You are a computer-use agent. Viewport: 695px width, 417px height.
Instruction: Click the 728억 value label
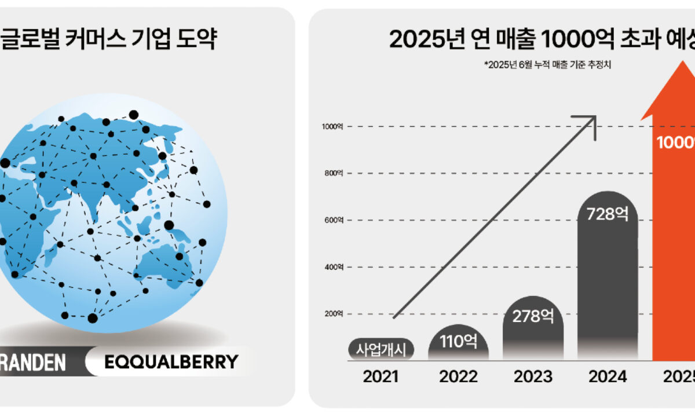(608, 214)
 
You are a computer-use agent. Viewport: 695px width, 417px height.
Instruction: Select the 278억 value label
(533, 316)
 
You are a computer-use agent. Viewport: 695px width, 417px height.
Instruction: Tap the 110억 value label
(458, 341)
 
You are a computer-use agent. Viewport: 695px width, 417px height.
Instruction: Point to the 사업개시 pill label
(381, 349)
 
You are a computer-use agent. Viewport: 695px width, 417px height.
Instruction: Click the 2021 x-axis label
(381, 377)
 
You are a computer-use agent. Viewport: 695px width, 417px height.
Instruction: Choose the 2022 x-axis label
(458, 377)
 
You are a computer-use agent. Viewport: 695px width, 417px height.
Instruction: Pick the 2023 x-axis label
(533, 377)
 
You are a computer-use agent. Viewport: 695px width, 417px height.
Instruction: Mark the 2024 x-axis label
(608, 377)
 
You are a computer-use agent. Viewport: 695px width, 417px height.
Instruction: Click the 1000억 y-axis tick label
(332, 126)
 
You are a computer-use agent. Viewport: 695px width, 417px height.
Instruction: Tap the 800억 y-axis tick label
(334, 173)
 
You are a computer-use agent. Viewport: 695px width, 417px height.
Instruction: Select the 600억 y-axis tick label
(334, 220)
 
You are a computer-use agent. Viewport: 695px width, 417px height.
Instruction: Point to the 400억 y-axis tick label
(334, 267)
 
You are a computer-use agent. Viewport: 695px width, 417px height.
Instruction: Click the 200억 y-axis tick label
(334, 314)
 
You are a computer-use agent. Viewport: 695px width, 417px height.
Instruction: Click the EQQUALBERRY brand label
(171, 363)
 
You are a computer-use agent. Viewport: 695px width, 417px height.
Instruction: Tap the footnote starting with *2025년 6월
(548, 65)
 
